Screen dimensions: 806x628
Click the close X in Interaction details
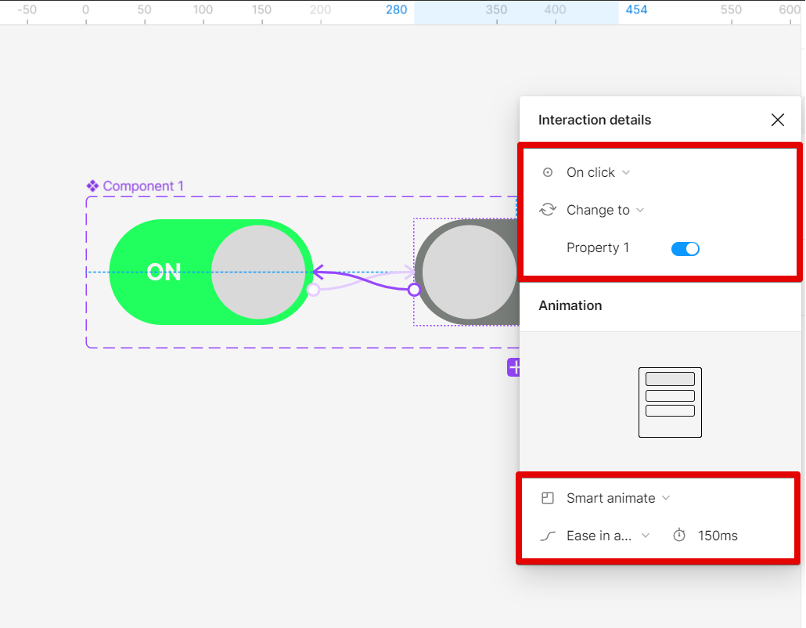click(x=778, y=120)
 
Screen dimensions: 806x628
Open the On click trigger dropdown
click(x=598, y=172)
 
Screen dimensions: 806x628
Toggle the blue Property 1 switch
click(x=685, y=249)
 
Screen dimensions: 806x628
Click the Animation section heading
click(x=570, y=305)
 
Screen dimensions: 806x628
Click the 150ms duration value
click(x=718, y=536)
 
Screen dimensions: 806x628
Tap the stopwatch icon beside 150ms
click(x=679, y=536)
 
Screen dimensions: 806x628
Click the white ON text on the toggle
click(x=164, y=272)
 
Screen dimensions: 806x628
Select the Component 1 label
click(x=143, y=186)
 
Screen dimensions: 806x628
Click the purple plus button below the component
click(x=513, y=367)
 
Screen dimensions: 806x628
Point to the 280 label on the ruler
click(x=396, y=9)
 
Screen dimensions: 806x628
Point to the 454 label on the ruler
click(x=636, y=9)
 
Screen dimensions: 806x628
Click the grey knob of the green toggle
click(x=258, y=272)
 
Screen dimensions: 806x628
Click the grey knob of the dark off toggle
click(x=470, y=272)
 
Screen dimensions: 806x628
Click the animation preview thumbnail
click(x=670, y=402)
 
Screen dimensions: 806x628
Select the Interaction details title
click(x=595, y=120)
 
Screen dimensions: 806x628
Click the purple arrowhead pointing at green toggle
click(x=318, y=272)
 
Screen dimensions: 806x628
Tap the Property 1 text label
click(x=598, y=248)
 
